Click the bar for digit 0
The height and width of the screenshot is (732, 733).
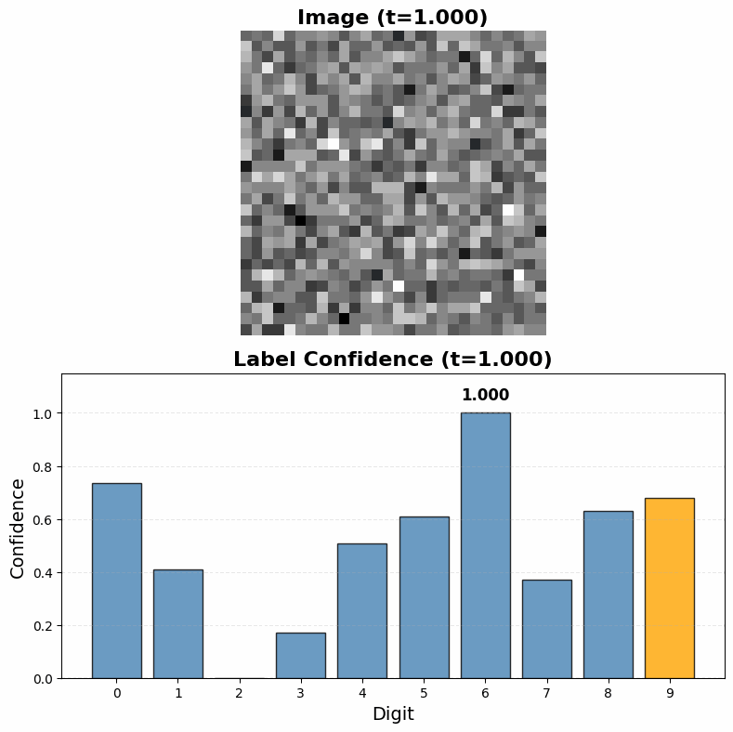(x=117, y=581)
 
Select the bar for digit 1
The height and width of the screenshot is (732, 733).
(x=178, y=623)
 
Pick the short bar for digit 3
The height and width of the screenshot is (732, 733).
(x=301, y=655)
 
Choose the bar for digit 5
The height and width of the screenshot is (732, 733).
(x=424, y=597)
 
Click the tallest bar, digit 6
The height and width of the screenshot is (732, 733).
(x=485, y=545)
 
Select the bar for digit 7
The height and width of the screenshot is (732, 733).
(x=546, y=629)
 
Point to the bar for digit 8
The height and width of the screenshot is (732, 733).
(x=608, y=595)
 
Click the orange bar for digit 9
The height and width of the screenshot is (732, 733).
(x=669, y=588)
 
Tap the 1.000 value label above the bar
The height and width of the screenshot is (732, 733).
(x=485, y=395)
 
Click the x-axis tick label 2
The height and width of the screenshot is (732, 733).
(x=240, y=693)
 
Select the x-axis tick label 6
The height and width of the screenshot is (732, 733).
(x=485, y=693)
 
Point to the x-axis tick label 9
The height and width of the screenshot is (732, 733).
(x=669, y=693)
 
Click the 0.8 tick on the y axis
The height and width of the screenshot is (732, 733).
(x=44, y=466)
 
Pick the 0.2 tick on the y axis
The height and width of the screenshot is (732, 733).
(x=44, y=625)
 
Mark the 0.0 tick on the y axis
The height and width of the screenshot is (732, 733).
(x=44, y=678)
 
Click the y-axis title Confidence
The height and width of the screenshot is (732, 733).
(x=19, y=527)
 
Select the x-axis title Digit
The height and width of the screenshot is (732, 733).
(x=393, y=714)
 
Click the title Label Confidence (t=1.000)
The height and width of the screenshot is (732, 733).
(x=393, y=359)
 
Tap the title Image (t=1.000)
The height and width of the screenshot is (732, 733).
(x=393, y=17)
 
